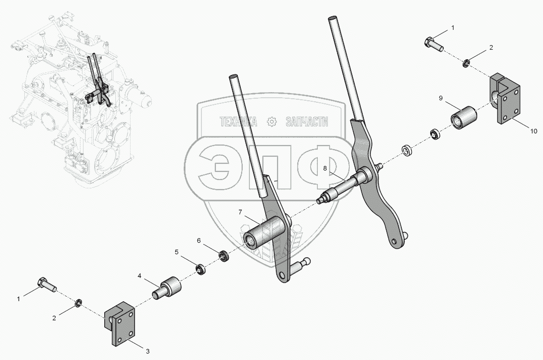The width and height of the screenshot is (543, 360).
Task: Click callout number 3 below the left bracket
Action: click(148, 350)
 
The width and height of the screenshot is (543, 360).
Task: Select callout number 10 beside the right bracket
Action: click(534, 131)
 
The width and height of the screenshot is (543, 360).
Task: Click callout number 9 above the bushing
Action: click(441, 97)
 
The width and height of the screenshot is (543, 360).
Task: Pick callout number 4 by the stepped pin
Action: click(139, 276)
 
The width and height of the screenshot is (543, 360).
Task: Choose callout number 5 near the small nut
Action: click(177, 252)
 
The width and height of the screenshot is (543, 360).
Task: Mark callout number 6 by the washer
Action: click(199, 241)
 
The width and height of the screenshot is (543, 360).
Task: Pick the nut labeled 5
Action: click(200, 268)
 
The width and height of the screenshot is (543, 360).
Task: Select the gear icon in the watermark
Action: click(271, 122)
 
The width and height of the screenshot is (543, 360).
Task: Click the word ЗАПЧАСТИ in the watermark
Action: click(307, 122)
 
